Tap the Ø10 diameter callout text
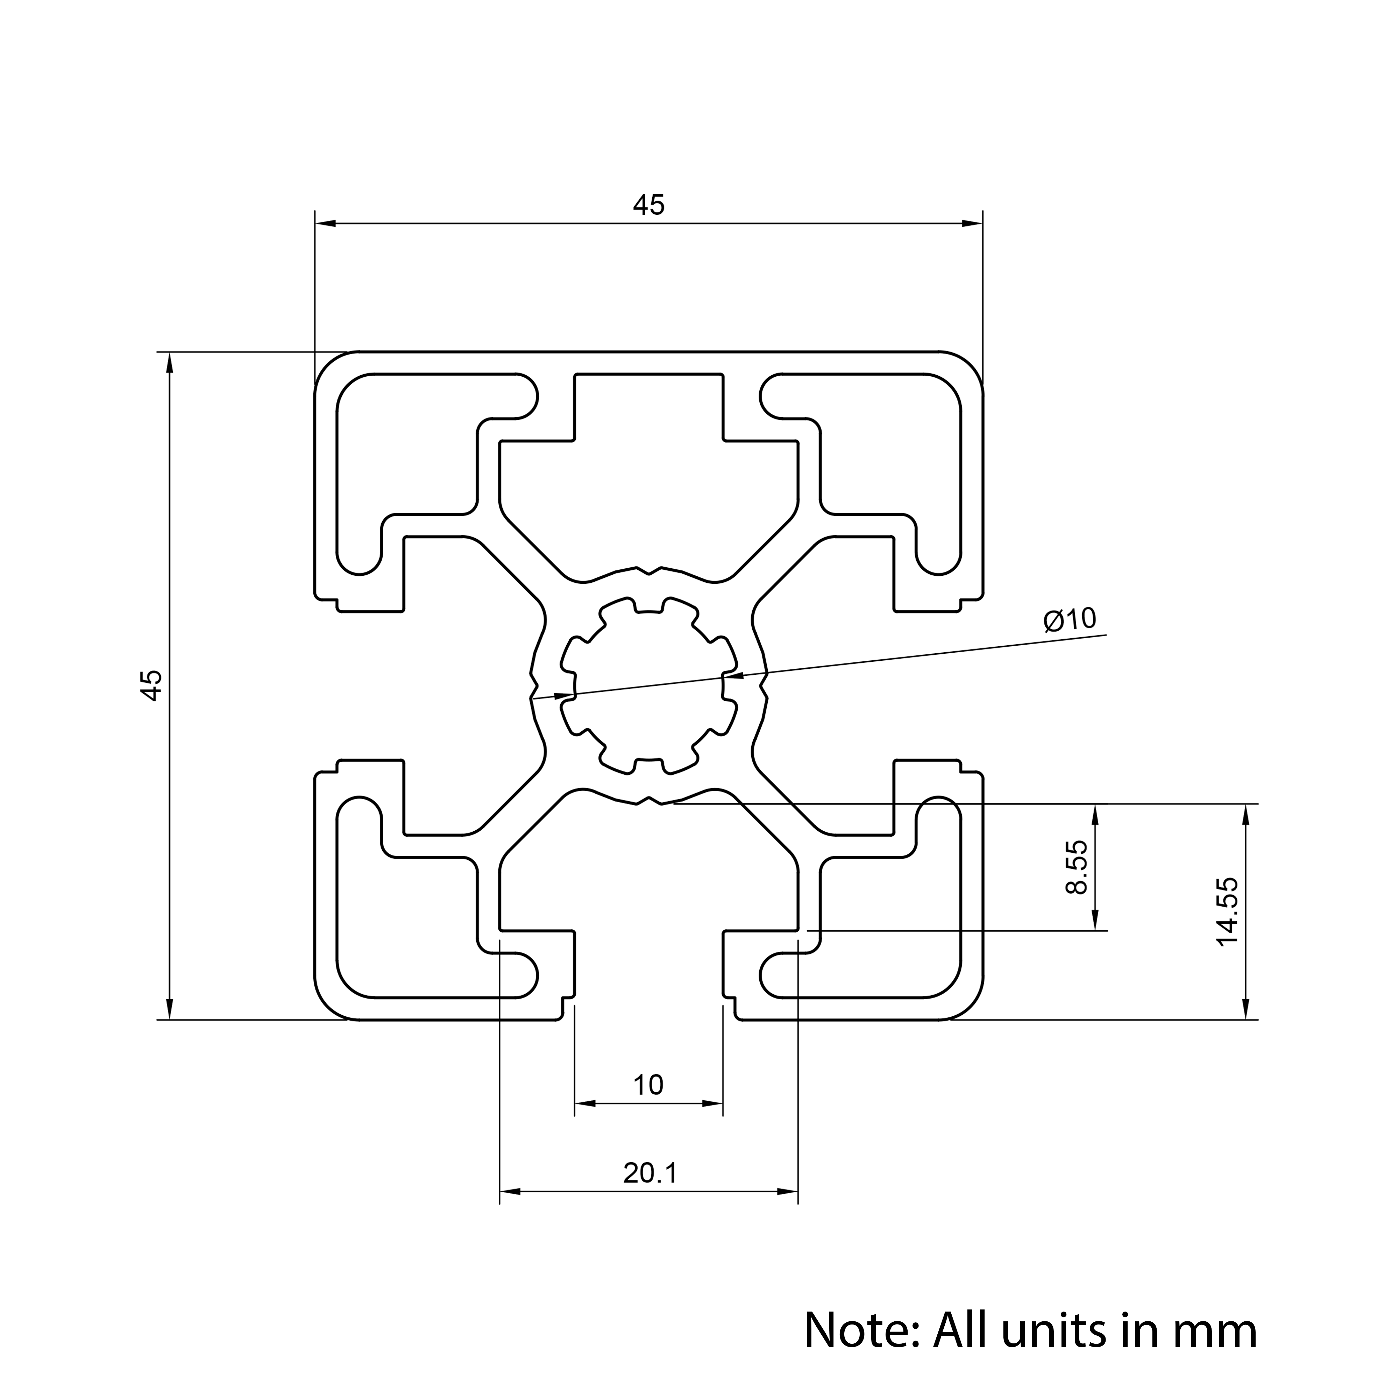[1070, 619]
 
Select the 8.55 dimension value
[1078, 867]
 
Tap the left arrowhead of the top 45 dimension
[326, 224]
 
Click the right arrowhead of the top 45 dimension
[972, 224]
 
